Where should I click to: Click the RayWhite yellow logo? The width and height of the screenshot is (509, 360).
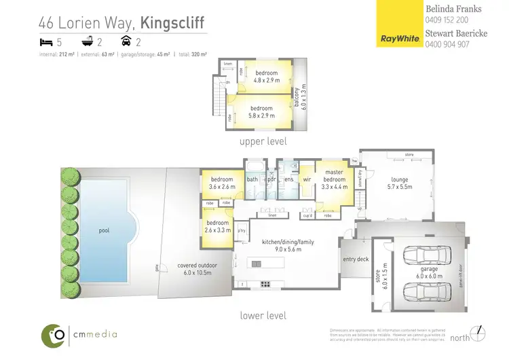tap(398, 24)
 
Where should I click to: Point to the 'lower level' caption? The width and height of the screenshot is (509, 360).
tap(263, 315)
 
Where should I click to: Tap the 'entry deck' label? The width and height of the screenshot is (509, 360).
tap(356, 259)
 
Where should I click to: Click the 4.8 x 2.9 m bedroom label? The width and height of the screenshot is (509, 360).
tap(266, 75)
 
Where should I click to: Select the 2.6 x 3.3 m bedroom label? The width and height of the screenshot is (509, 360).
tap(217, 226)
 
